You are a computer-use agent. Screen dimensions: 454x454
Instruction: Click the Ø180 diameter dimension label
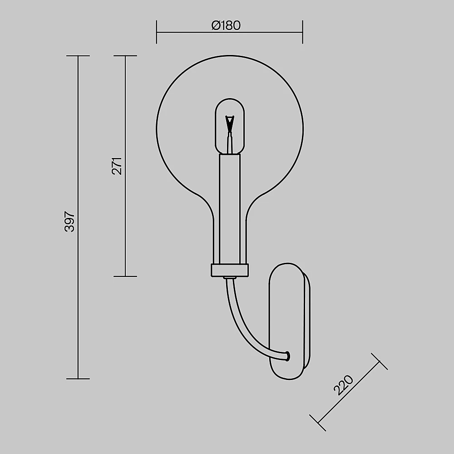click(226, 25)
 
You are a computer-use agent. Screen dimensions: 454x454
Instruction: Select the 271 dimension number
click(117, 166)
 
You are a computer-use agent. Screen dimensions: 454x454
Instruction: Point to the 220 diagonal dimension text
click(343, 385)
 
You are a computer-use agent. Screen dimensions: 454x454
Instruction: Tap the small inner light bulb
click(230, 126)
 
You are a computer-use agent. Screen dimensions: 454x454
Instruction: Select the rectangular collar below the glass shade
click(230, 270)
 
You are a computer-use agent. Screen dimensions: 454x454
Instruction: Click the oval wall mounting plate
click(290, 321)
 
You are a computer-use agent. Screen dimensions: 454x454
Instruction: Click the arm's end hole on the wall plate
click(287, 356)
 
